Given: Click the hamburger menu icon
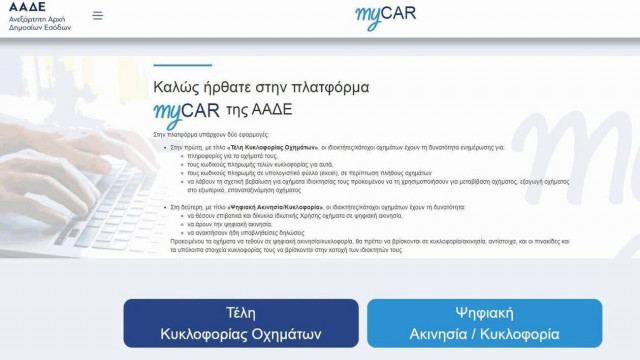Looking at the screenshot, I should (97, 15).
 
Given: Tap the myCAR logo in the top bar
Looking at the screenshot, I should (385, 15).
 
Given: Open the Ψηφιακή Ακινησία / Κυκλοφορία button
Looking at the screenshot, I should (484, 323).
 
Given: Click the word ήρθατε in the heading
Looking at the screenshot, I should (239, 87).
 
